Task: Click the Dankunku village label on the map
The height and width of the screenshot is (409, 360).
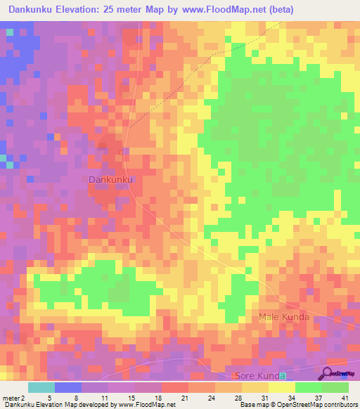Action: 111,180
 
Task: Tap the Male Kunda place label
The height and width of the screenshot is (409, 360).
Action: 284,317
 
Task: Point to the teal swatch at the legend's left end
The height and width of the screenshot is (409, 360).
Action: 41,387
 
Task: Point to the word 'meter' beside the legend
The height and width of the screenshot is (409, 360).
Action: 13,398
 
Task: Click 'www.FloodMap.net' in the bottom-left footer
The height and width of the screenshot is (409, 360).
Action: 146,405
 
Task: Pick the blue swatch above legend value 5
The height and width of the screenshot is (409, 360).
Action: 67,387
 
